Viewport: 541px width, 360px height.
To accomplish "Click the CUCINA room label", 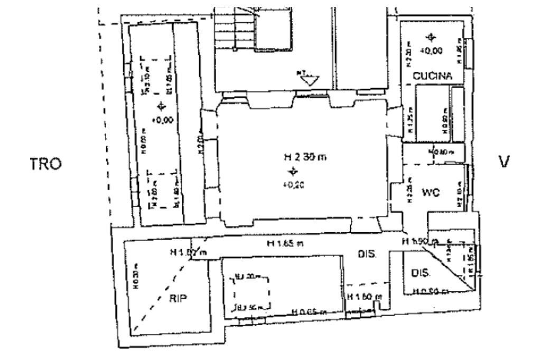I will [x=433, y=76].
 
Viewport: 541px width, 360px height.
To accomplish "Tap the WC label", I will [x=431, y=193].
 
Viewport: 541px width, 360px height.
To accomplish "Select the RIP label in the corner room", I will [x=179, y=298].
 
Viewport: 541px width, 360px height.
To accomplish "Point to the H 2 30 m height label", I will [x=300, y=157].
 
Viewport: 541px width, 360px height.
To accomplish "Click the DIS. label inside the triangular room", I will [x=421, y=274].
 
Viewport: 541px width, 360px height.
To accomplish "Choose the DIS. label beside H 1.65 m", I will [x=367, y=254].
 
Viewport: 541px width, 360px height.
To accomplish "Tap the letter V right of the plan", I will [x=504, y=162].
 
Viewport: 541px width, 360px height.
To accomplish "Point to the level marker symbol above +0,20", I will [x=291, y=171].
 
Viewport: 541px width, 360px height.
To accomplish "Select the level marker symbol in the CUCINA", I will [x=432, y=37].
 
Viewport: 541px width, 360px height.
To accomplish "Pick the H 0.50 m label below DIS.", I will [x=431, y=291].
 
